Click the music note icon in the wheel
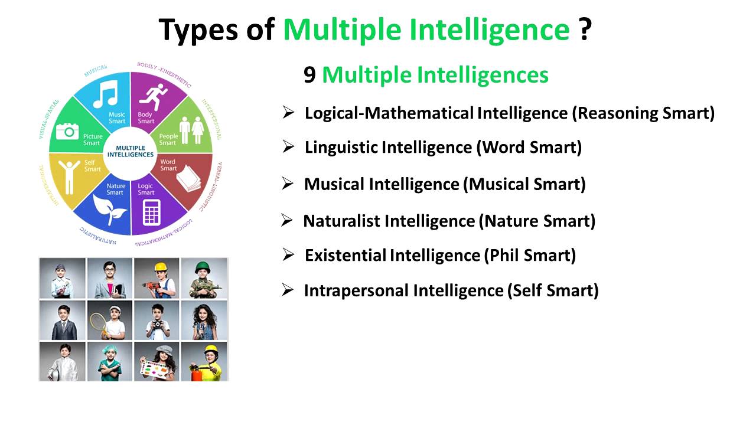coord(105,94)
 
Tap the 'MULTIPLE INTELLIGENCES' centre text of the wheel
coord(131,151)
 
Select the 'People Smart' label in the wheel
coord(168,139)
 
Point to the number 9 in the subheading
coord(309,76)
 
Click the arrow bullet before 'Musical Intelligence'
coord(288,184)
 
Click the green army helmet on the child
coord(204,267)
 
